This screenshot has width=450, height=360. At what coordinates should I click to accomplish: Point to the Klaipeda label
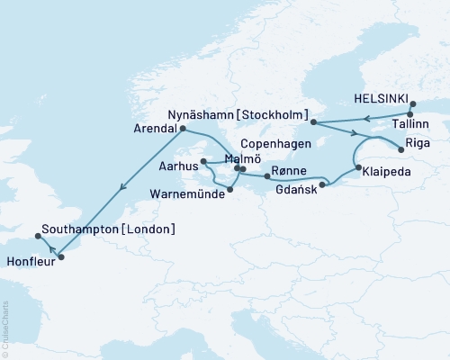(390, 167)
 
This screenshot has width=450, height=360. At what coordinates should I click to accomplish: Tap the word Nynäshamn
(204, 116)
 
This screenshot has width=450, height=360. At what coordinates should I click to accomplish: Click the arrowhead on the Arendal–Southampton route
(119, 188)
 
